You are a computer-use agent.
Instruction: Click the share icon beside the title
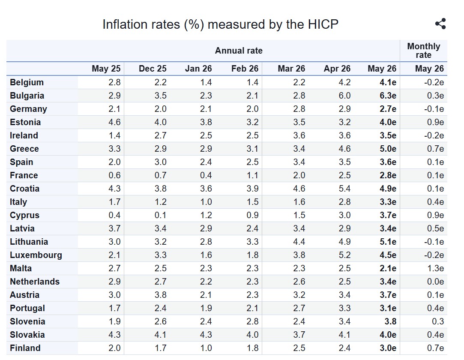point(440,24)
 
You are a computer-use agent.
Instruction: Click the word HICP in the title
point(323,24)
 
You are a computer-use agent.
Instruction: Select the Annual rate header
point(239,51)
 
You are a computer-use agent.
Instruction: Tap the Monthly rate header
point(423,51)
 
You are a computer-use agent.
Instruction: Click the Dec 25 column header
point(153,69)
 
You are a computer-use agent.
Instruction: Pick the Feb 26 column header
point(245,69)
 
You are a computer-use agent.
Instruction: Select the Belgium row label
point(27,82)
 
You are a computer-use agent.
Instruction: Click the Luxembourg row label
point(36,255)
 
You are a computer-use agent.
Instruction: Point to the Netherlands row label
point(35,282)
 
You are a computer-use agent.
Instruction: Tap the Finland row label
point(25,348)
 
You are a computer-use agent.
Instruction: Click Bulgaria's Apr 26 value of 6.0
point(344,96)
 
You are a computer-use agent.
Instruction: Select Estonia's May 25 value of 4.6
point(114,122)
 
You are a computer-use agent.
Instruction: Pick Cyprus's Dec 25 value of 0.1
point(160,215)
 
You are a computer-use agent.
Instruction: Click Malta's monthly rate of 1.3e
point(435,268)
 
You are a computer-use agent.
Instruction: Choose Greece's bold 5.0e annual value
point(388,149)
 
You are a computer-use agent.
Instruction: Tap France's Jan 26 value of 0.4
point(206,175)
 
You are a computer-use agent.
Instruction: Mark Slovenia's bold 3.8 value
point(390,321)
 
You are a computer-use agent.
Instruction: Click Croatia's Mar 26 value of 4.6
point(299,189)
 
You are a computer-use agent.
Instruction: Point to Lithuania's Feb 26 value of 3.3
point(252,242)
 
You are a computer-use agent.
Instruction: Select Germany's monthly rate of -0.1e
point(434,109)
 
